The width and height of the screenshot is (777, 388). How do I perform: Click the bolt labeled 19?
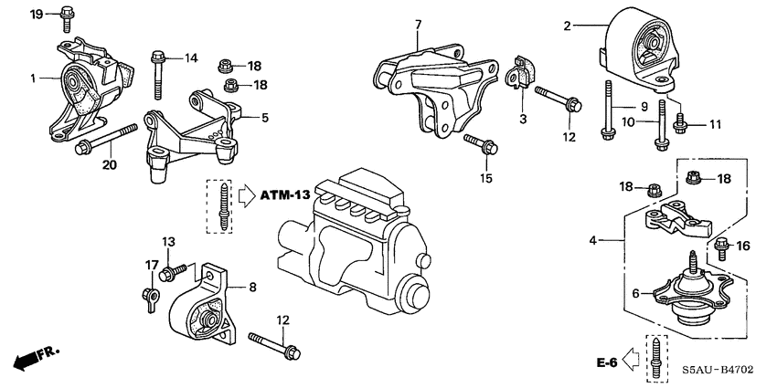(x=67, y=14)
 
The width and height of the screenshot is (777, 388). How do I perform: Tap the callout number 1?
(x=32, y=79)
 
